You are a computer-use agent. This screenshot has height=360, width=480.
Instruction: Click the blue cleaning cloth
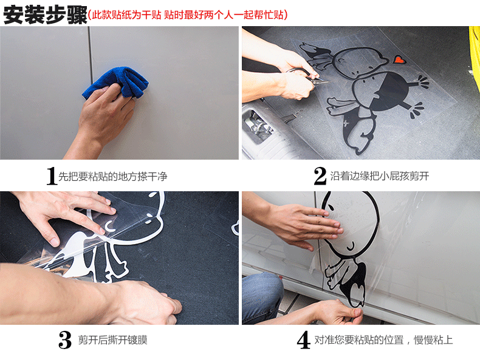(116, 83)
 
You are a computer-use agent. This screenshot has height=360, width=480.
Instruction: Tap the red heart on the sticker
(399, 59)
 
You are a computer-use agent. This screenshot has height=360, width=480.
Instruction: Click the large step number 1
(52, 176)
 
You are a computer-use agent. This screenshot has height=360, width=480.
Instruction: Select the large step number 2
(320, 175)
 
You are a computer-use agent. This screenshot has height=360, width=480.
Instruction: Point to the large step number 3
(65, 340)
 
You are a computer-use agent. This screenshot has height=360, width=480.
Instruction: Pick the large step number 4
(304, 340)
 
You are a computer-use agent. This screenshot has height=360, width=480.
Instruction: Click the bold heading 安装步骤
(45, 15)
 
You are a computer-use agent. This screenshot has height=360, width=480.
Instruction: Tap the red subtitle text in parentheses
(188, 15)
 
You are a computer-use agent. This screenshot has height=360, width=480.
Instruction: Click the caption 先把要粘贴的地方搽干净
(112, 177)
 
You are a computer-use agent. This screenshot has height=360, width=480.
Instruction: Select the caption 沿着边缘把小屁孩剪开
(380, 176)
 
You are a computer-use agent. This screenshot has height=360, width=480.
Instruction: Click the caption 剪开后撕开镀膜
(112, 340)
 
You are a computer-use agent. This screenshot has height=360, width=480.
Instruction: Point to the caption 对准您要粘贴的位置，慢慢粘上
(383, 340)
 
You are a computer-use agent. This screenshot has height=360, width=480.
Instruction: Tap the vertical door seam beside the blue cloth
(90, 55)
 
